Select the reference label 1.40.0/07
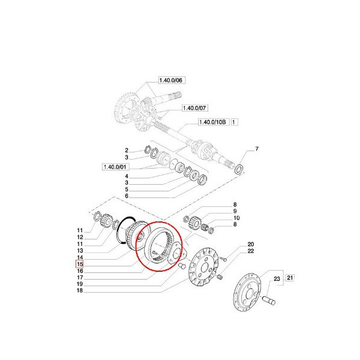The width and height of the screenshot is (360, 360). pos(196,108)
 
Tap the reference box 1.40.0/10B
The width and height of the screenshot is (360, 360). pos(213,122)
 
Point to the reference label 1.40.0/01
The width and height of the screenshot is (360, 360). pos(116,166)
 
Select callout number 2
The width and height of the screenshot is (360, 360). pos(127,150)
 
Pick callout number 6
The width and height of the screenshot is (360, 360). pos(127,196)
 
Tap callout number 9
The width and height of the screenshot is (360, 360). pos(235,211)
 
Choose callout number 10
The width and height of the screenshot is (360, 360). pos(235,218)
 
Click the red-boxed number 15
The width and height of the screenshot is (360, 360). pos(79,263)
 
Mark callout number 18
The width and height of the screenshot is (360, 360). pos(79,290)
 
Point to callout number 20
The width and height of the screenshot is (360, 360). pos(251,244)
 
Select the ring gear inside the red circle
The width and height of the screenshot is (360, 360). pos(158,246)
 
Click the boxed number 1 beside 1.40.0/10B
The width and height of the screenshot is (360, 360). pos(235,122)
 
